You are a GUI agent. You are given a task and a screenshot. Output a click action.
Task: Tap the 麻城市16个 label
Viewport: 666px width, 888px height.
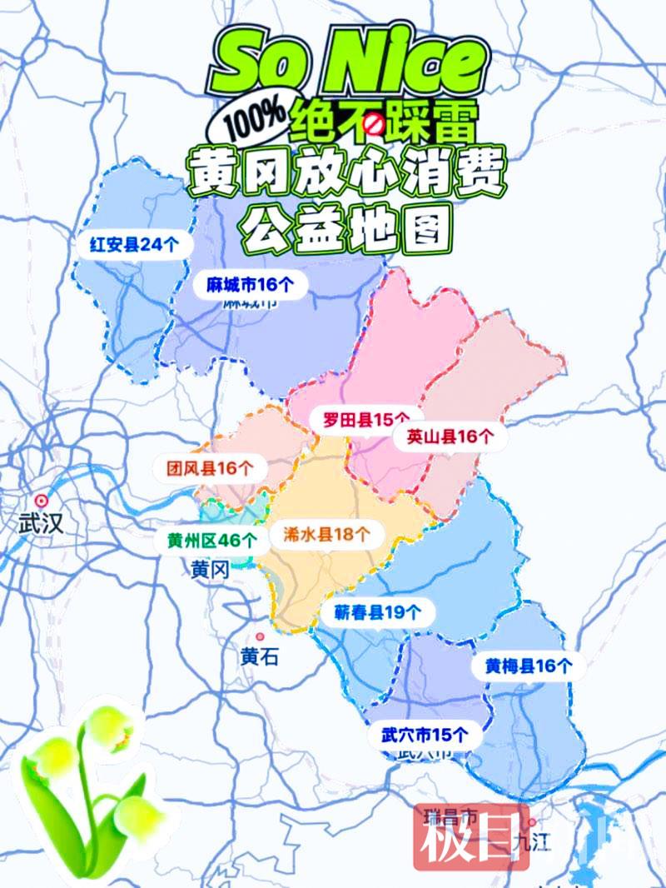pyautogui.click(x=251, y=285)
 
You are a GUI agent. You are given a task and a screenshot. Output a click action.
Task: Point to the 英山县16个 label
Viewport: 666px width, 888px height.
pyautogui.click(x=450, y=436)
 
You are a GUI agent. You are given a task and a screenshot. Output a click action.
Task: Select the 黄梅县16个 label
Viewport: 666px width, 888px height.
pyautogui.click(x=529, y=666)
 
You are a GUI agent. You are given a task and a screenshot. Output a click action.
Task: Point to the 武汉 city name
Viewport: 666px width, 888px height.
pyautogui.click(x=40, y=525)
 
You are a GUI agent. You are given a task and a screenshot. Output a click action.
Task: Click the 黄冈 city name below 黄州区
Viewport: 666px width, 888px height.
pyautogui.click(x=210, y=570)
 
